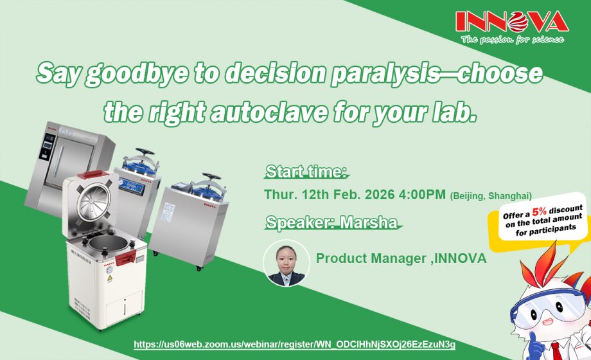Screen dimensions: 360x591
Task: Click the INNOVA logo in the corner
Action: [x=511, y=22]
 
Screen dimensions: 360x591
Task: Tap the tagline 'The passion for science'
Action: [x=512, y=40]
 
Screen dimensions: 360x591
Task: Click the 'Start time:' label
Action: [x=306, y=172]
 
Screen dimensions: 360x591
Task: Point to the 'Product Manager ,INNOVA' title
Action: [x=401, y=258]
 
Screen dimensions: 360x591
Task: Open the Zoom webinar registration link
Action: [x=294, y=345]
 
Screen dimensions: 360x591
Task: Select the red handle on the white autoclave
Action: [x=126, y=256]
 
